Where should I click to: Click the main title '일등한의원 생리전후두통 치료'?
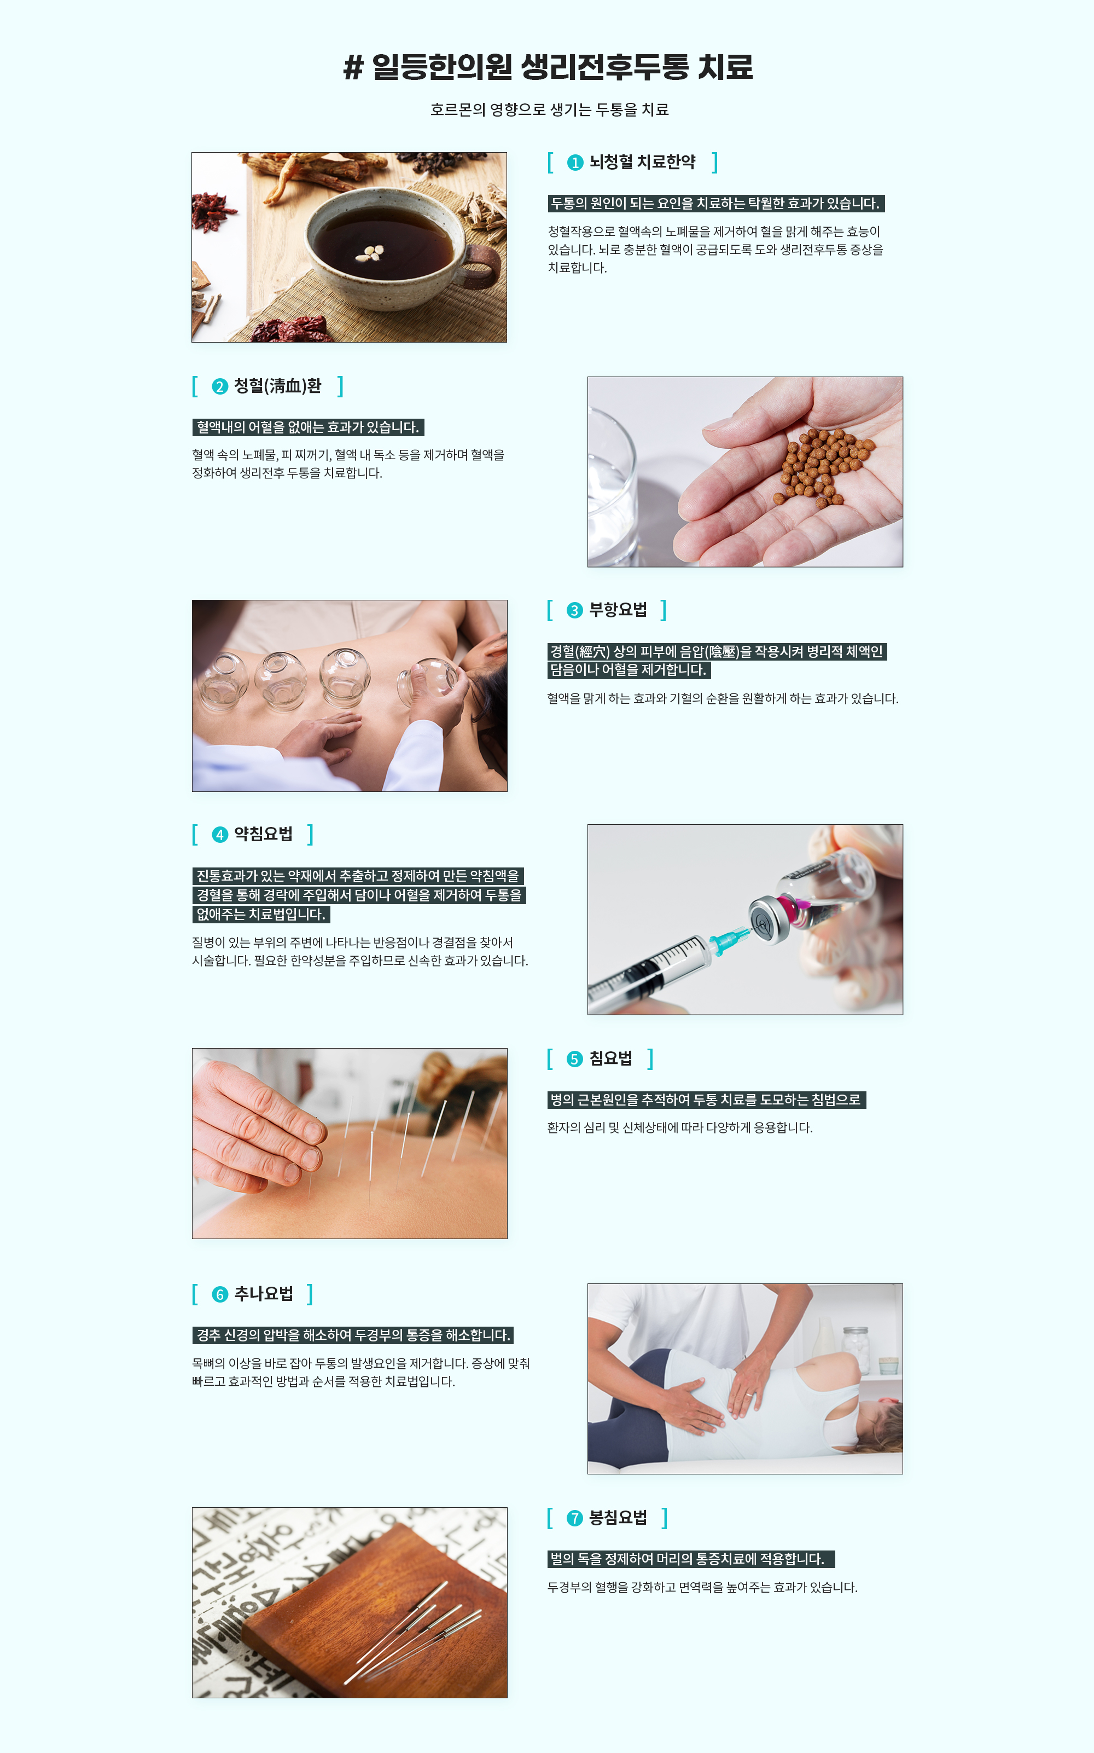(562, 67)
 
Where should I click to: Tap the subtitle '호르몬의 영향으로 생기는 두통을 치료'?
(549, 109)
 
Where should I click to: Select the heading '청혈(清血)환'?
(277, 386)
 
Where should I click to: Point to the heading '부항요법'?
(618, 610)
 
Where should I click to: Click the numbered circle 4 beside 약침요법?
(220, 835)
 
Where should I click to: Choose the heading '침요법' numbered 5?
(610, 1058)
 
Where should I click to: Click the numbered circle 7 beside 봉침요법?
(574, 1519)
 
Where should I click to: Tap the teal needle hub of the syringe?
(726, 940)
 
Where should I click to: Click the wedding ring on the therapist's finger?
(748, 1393)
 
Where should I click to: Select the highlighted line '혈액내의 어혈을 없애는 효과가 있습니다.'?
(308, 427)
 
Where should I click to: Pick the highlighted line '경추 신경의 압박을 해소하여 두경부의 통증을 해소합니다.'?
(353, 1335)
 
